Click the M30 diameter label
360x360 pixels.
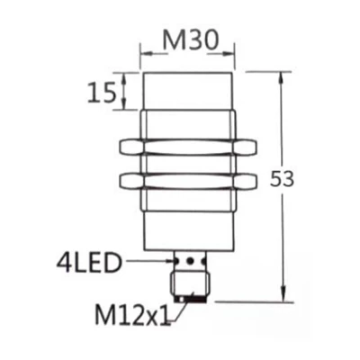187,41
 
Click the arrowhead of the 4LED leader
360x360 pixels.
168,264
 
